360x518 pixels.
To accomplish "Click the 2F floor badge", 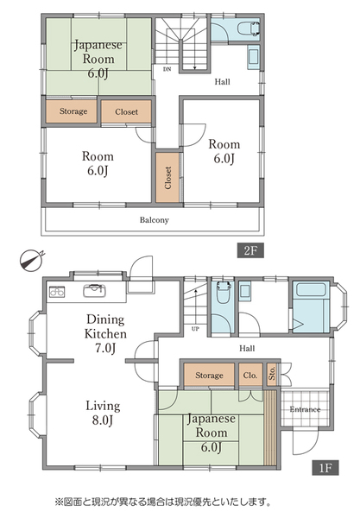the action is pyautogui.click(x=250, y=250).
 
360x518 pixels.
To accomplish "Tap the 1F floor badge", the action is pyautogui.click(x=325, y=468).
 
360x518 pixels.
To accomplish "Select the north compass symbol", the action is pyautogui.click(x=31, y=260).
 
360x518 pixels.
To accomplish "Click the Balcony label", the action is pyautogui.click(x=155, y=220).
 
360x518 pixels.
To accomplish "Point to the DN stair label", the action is pyautogui.click(x=167, y=69).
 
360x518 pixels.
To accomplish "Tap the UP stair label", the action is pyautogui.click(x=195, y=329).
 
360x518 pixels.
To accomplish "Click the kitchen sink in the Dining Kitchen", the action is pyautogui.click(x=94, y=290).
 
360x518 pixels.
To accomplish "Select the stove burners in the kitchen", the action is pyautogui.click(x=57, y=292).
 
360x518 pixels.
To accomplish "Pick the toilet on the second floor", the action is pyautogui.click(x=249, y=28).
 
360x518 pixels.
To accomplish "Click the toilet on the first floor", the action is pyautogui.click(x=223, y=292).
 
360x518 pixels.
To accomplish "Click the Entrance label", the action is pyautogui.click(x=305, y=409).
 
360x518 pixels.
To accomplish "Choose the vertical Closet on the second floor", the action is pyautogui.click(x=167, y=178).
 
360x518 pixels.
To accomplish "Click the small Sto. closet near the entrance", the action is pyautogui.click(x=272, y=375).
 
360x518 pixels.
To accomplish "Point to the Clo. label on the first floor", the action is pyautogui.click(x=250, y=376).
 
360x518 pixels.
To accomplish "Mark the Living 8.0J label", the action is pyautogui.click(x=103, y=413).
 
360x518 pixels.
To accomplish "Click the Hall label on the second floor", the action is pyautogui.click(x=222, y=82).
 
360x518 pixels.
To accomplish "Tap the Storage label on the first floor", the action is pyautogui.click(x=209, y=376).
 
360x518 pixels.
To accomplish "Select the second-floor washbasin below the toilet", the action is pyautogui.click(x=253, y=57).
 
